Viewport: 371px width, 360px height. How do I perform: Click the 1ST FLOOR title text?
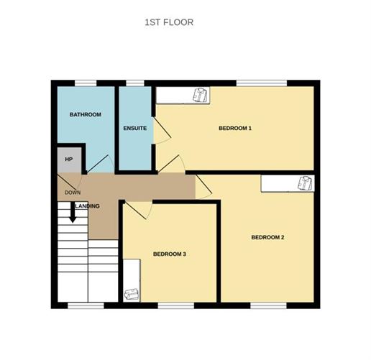point(169,22)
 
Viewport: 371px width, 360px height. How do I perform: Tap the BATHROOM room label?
point(85,115)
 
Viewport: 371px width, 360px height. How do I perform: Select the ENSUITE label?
point(135,129)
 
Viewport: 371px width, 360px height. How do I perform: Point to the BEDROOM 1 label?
point(235,129)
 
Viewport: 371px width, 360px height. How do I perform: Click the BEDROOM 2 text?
point(267,237)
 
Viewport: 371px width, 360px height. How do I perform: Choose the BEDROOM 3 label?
point(170,254)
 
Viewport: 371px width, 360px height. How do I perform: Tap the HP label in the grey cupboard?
point(69,160)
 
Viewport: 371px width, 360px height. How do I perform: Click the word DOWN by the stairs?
point(72,193)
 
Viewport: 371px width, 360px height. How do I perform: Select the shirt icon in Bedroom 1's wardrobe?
point(199,95)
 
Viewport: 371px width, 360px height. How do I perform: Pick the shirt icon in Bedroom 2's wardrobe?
point(305,183)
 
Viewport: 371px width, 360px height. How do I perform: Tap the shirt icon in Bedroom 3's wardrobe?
point(131,293)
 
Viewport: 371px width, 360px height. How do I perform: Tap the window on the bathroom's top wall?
point(86,83)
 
